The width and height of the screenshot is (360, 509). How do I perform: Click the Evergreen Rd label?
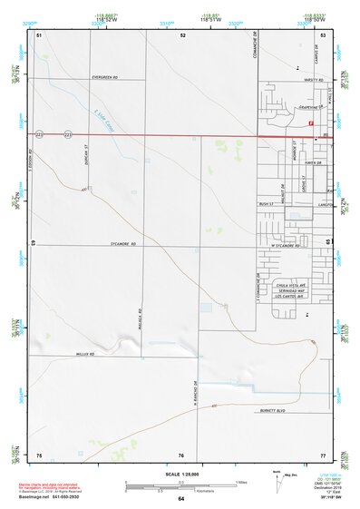point(105,78)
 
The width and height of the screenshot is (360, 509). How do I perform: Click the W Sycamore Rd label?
point(286,246)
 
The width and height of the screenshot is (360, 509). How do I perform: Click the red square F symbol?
point(311,123)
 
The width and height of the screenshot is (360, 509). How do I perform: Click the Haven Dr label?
point(316,163)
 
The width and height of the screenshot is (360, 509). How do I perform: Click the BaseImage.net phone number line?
point(56,496)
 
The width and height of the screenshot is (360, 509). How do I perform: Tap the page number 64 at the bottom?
point(181,498)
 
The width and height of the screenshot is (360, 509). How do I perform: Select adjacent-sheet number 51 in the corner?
point(39,34)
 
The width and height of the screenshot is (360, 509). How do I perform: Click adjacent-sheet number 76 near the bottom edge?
point(181,455)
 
